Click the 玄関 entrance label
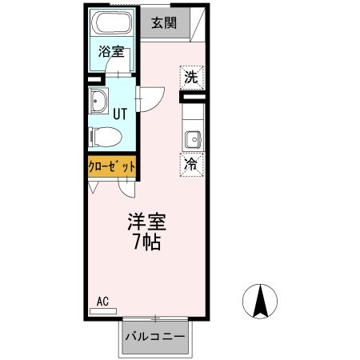pyautogui.click(x=166, y=23)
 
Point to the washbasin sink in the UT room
pyautogui.click(x=100, y=102)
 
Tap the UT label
pyautogui.click(x=121, y=114)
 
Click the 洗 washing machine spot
pyautogui.click(x=190, y=78)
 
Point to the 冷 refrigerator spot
pyautogui.click(x=191, y=165)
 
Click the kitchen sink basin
pyautogui.click(x=192, y=139)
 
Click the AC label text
pyautogui.click(x=102, y=301)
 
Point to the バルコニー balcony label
pyautogui.click(x=156, y=337)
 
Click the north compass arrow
pyautogui.click(x=260, y=302)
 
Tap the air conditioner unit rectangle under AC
pyautogui.click(x=102, y=310)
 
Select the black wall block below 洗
pyautogui.click(x=191, y=98)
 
